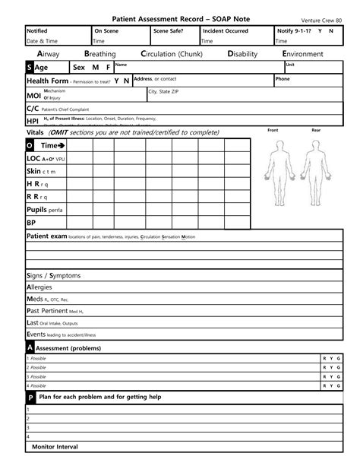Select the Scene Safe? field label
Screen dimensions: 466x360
click(x=169, y=31)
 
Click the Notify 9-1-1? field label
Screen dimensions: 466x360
click(x=296, y=31)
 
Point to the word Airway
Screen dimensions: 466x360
click(x=52, y=55)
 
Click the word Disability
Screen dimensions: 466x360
click(x=245, y=55)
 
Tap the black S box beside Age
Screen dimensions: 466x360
click(x=30, y=68)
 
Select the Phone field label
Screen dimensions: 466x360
click(x=283, y=79)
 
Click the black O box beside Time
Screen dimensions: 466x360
click(x=30, y=145)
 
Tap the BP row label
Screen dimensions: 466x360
click(x=31, y=223)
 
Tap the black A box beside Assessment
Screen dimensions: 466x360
click(x=30, y=347)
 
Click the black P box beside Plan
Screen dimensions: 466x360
click(x=30, y=398)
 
